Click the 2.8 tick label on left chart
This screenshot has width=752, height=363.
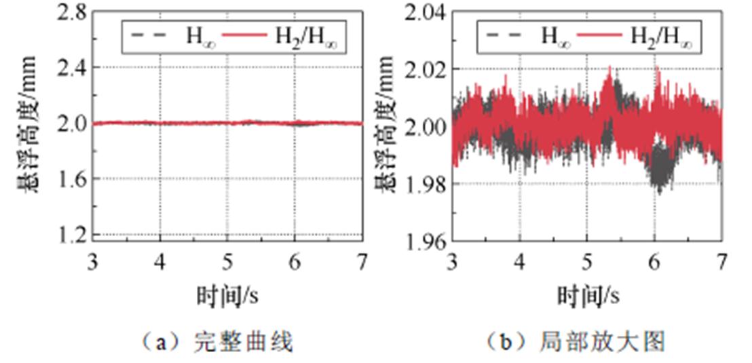71,12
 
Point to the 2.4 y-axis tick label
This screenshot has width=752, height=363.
71,67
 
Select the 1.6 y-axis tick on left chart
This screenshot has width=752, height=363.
71,178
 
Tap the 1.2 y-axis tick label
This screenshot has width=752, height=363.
71,235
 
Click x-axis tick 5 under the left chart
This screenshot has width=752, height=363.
227,261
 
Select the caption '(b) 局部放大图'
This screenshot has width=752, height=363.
577,341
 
